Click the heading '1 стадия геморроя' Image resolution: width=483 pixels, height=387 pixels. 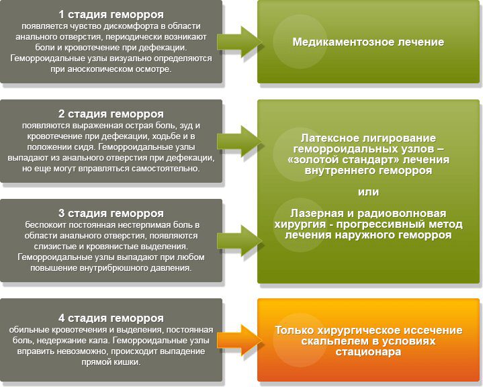111,15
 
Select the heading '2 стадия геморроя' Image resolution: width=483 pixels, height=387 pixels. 111,114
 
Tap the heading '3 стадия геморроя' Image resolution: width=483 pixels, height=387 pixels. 111,214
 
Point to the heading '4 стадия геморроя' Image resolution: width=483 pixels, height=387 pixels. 111,318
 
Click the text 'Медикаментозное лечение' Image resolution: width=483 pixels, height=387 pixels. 368,42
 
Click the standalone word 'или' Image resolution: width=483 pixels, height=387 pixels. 368,192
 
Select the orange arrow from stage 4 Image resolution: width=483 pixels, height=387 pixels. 240,341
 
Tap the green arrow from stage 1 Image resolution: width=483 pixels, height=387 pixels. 240,42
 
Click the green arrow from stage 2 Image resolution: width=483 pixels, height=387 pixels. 240,141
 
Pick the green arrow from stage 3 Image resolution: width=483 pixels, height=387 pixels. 240,241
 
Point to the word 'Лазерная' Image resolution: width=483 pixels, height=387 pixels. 316,214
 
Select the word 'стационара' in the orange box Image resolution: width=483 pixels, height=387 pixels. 368,352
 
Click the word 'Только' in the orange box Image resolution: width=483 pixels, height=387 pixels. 294,331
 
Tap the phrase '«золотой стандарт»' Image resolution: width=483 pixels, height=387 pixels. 343,160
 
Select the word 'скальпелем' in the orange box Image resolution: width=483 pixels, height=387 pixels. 334,341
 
